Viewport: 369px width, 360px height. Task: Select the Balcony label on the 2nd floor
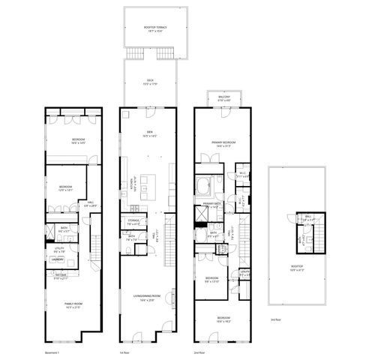point(223,97)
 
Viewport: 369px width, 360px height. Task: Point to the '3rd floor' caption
point(275,320)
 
